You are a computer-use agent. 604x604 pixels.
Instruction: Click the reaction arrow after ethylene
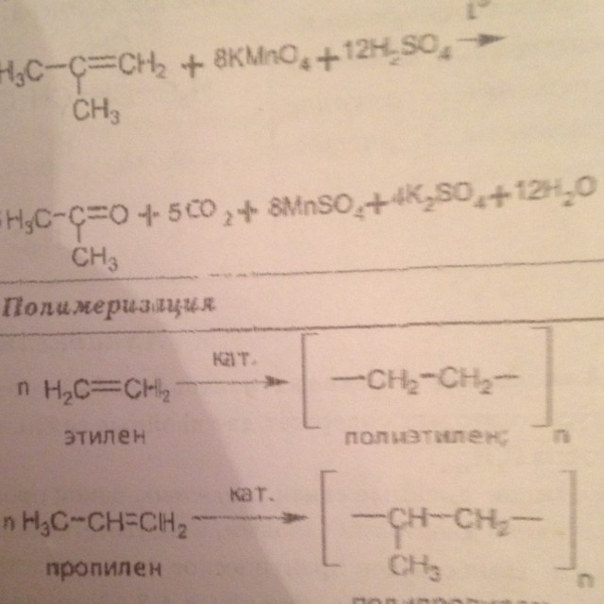click(236, 382)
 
